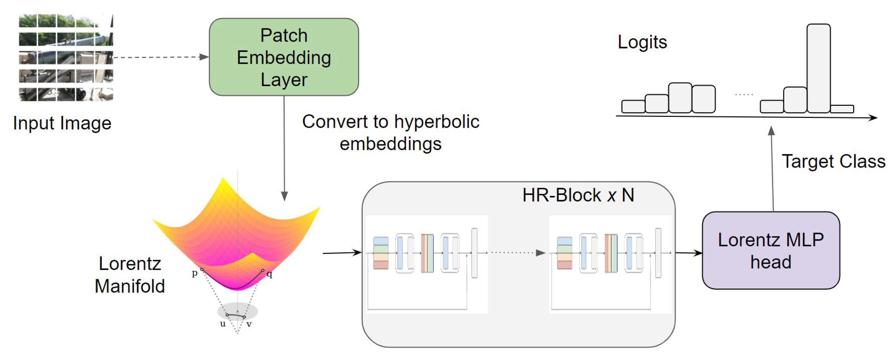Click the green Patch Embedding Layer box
click(x=284, y=57)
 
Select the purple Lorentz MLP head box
click(x=771, y=250)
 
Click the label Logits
click(x=642, y=42)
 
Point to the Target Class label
click(x=833, y=161)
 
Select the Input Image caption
click(x=62, y=123)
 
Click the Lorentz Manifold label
click(x=130, y=275)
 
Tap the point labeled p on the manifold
click(x=202, y=269)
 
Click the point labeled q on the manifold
click(x=263, y=270)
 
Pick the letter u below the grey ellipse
click(x=223, y=324)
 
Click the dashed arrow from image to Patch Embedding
click(x=159, y=57)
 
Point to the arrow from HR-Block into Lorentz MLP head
click(x=688, y=253)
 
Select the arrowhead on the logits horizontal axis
click(x=873, y=118)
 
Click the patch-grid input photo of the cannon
click(x=66, y=57)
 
